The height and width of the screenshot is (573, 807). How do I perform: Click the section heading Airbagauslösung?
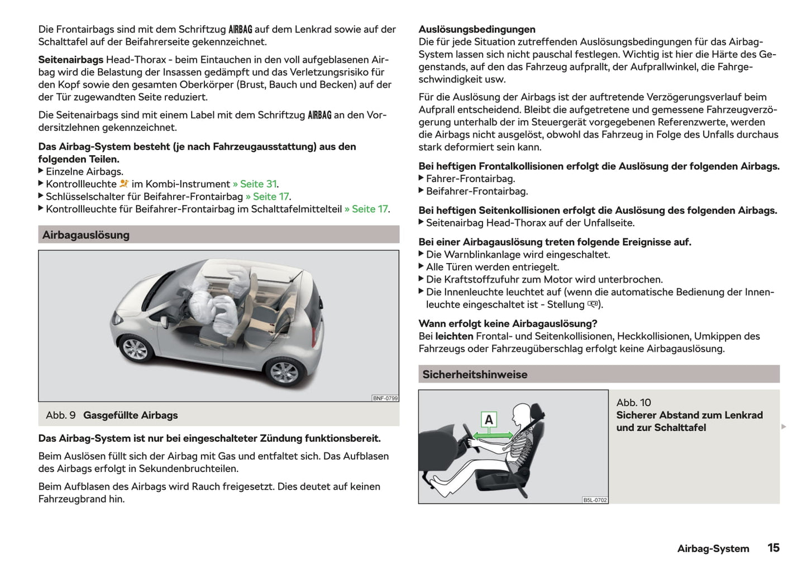(x=85, y=235)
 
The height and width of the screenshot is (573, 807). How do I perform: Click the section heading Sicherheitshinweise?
(x=474, y=375)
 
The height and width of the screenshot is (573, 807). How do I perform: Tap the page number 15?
(x=773, y=548)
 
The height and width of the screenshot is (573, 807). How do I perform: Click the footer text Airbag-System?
(x=713, y=548)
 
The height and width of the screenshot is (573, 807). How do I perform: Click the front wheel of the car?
(x=135, y=349)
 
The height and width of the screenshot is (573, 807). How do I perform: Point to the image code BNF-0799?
(x=385, y=398)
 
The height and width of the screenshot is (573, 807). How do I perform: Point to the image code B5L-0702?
(x=594, y=500)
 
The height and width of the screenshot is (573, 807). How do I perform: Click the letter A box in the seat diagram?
(x=489, y=419)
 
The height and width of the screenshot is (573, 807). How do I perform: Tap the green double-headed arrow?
(x=493, y=435)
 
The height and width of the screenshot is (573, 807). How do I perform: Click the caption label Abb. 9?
(x=60, y=416)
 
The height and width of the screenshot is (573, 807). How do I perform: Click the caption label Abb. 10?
(x=633, y=403)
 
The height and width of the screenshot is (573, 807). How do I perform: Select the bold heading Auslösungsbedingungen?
(x=476, y=30)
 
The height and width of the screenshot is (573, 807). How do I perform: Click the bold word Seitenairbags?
(x=70, y=60)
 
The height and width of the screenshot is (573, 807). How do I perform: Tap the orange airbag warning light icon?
(x=124, y=184)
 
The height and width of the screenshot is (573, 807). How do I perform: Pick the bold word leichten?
(x=454, y=336)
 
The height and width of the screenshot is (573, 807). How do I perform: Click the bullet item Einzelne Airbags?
(x=84, y=172)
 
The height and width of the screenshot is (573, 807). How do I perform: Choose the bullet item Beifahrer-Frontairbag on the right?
(x=476, y=192)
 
